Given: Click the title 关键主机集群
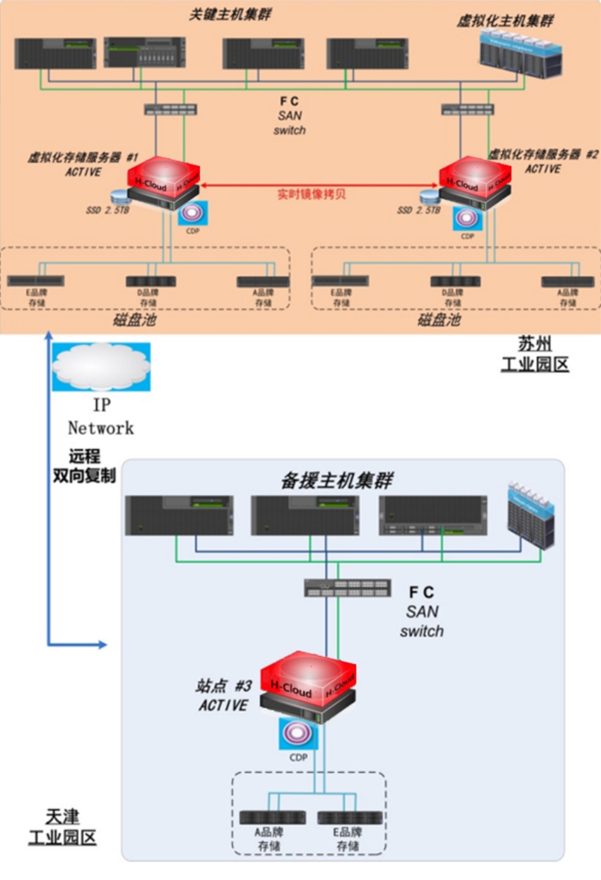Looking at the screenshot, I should pyautogui.click(x=230, y=14).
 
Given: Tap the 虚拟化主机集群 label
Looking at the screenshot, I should pyautogui.click(x=505, y=21).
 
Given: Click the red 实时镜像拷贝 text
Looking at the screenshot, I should pyautogui.click(x=311, y=194).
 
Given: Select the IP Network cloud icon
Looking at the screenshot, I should pyautogui.click(x=101, y=367).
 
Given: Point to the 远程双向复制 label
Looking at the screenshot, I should pyautogui.click(x=84, y=466).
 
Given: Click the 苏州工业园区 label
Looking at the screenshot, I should pyautogui.click(x=535, y=354).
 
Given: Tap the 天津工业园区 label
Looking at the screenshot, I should pyautogui.click(x=62, y=827).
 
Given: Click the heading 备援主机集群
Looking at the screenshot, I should pyautogui.click(x=336, y=481).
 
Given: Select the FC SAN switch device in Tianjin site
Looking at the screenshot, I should pyautogui.click(x=347, y=587).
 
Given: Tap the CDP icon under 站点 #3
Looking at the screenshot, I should pyautogui.click(x=299, y=734).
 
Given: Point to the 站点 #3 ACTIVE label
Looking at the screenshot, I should pyautogui.click(x=223, y=696).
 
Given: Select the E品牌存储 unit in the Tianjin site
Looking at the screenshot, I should pyautogui.click(x=350, y=818).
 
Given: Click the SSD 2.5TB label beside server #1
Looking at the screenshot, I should pyautogui.click(x=108, y=210).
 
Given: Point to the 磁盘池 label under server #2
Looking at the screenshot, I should pyautogui.click(x=439, y=320).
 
